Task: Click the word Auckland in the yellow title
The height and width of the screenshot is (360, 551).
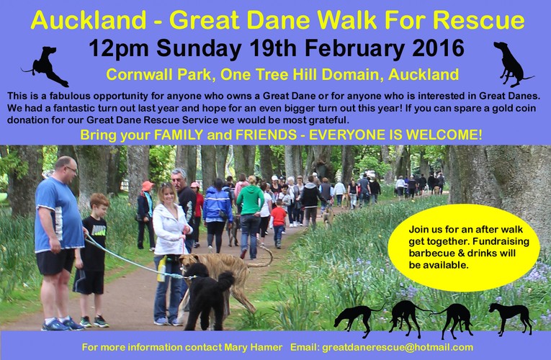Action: point(88,20)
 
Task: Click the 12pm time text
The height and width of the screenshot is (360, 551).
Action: point(118,49)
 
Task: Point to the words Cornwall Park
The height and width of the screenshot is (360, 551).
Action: point(159,74)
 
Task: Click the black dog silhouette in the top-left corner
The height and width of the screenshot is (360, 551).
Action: point(45,67)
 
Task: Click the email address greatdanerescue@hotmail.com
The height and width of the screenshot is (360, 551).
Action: point(398,347)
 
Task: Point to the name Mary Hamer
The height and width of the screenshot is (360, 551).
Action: point(253,347)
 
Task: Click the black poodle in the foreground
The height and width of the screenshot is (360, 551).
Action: point(207,296)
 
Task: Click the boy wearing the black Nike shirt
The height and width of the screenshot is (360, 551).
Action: point(92,260)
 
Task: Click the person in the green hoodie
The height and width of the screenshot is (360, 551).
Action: point(250,217)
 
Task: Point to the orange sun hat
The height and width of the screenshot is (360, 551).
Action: point(147,186)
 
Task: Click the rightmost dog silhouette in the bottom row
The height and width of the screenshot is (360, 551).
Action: point(511,317)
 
